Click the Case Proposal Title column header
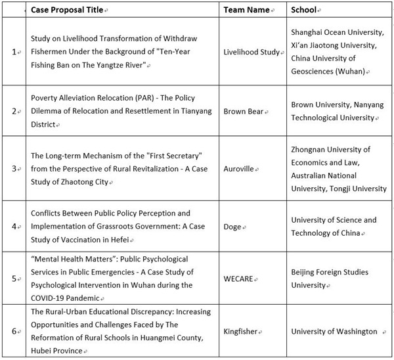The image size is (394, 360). tap(70, 10)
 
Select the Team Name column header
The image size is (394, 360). tap(248, 10)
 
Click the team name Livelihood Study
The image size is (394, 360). tap(251, 52)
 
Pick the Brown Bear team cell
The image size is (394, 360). tap(243, 111)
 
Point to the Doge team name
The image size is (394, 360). tap(232, 227)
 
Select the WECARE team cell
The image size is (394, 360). tap(241, 278)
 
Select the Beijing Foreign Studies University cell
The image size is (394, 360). tap(329, 279)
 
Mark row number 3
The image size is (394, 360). tap(14, 169)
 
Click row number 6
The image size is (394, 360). tap(14, 332)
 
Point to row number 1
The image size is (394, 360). tap(14, 52)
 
